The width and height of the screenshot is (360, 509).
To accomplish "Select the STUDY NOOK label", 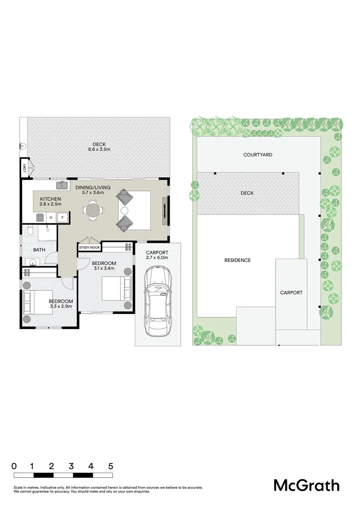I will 89,247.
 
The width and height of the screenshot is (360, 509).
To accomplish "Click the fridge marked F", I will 63,217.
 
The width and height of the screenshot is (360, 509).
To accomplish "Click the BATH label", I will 39,250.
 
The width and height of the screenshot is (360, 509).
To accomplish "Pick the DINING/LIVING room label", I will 93,188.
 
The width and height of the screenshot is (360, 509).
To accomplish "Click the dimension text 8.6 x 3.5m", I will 98,149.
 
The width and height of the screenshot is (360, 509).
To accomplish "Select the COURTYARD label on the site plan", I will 258,155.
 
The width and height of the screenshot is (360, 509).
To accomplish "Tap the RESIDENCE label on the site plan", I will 237,260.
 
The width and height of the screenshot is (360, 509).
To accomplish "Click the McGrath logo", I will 306,485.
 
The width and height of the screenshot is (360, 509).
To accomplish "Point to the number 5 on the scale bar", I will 111,466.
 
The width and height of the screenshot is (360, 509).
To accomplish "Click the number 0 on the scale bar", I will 14,466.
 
